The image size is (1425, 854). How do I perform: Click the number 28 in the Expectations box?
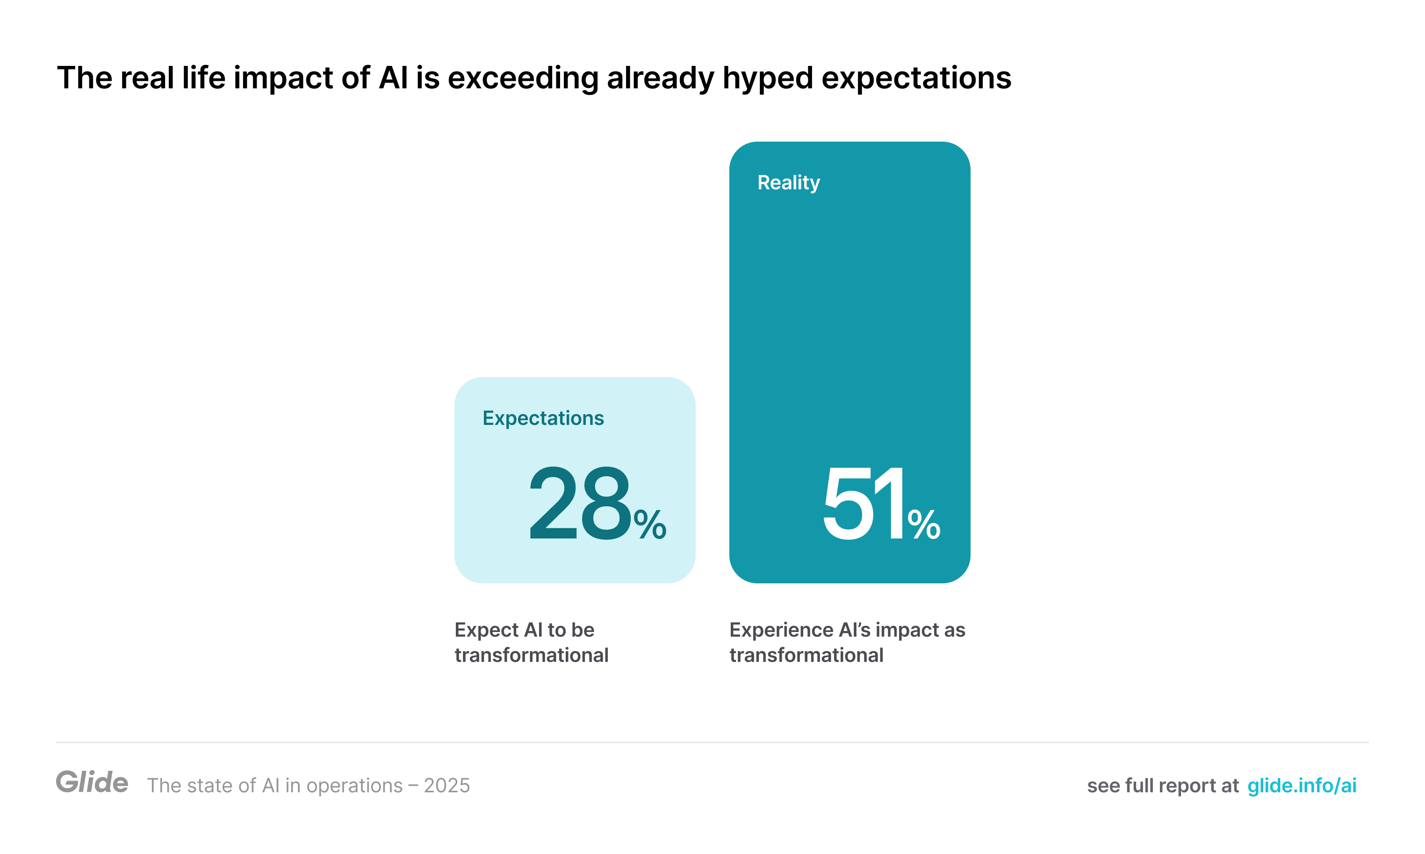click(580, 503)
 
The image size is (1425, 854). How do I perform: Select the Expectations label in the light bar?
click(543, 418)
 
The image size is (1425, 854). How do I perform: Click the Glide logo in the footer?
click(92, 782)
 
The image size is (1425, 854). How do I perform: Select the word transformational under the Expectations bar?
click(531, 655)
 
